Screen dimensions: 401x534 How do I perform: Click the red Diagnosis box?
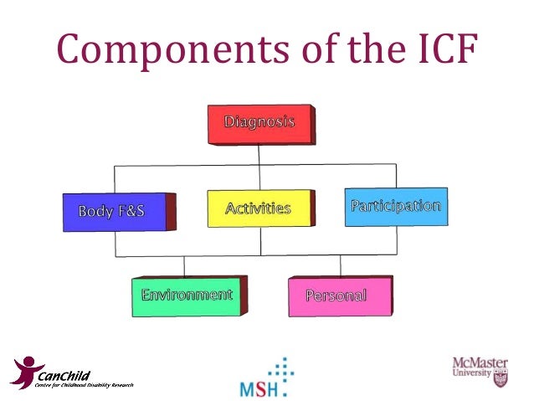(x=259, y=123)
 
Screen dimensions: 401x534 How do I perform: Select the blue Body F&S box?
(x=112, y=212)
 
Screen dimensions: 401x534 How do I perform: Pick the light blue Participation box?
(x=396, y=206)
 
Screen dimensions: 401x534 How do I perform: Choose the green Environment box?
(x=187, y=296)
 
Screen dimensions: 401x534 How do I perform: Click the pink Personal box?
(x=336, y=296)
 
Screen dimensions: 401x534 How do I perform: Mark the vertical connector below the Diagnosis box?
(x=259, y=155)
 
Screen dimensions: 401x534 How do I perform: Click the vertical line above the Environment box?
(x=184, y=265)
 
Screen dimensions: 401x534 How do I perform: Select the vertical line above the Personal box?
(x=340, y=265)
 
